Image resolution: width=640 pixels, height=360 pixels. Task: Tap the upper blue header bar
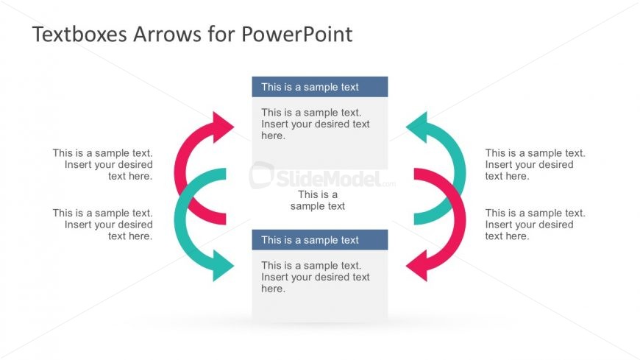(x=319, y=87)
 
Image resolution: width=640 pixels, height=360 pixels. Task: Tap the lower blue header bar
(x=319, y=240)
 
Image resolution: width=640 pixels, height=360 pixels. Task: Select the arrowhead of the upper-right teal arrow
(x=418, y=127)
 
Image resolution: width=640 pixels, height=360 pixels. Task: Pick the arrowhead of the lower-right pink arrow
(x=418, y=265)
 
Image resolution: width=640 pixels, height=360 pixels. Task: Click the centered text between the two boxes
(x=318, y=200)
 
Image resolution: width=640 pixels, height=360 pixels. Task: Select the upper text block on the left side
(x=103, y=164)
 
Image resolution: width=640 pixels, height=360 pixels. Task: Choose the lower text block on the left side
(x=103, y=225)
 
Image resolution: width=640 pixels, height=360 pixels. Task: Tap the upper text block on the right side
(x=535, y=164)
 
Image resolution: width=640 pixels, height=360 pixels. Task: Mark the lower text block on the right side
(x=535, y=225)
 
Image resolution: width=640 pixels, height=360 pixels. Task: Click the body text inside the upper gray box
(x=316, y=124)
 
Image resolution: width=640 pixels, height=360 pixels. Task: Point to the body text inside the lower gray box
(x=316, y=277)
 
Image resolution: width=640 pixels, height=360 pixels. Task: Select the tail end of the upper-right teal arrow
(x=421, y=219)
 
